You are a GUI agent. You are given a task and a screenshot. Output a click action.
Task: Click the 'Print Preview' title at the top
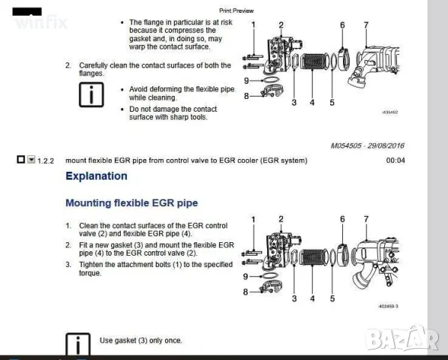click(236, 10)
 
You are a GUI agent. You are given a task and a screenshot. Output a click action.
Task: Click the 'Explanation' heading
click(96, 176)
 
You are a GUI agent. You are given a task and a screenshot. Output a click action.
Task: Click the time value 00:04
click(395, 160)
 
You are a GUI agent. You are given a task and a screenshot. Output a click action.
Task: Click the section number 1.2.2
click(46, 160)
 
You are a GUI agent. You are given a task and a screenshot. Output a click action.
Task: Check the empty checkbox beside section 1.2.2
click(20, 160)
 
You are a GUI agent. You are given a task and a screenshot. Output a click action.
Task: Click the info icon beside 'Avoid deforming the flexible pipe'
click(91, 95)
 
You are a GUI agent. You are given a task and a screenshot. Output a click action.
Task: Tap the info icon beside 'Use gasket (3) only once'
click(78, 343)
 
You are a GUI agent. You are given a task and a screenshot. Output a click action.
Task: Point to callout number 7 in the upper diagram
click(365, 25)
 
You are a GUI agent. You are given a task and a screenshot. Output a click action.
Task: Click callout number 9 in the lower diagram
click(245, 276)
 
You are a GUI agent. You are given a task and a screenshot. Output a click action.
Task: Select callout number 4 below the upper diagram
click(312, 102)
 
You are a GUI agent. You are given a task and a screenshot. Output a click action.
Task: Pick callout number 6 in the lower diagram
click(342, 219)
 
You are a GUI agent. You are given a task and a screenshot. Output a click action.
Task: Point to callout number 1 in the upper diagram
click(254, 25)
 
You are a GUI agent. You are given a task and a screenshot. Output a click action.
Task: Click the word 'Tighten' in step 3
click(91, 265)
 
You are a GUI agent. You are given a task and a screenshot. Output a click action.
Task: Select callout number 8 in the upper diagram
click(245, 95)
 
